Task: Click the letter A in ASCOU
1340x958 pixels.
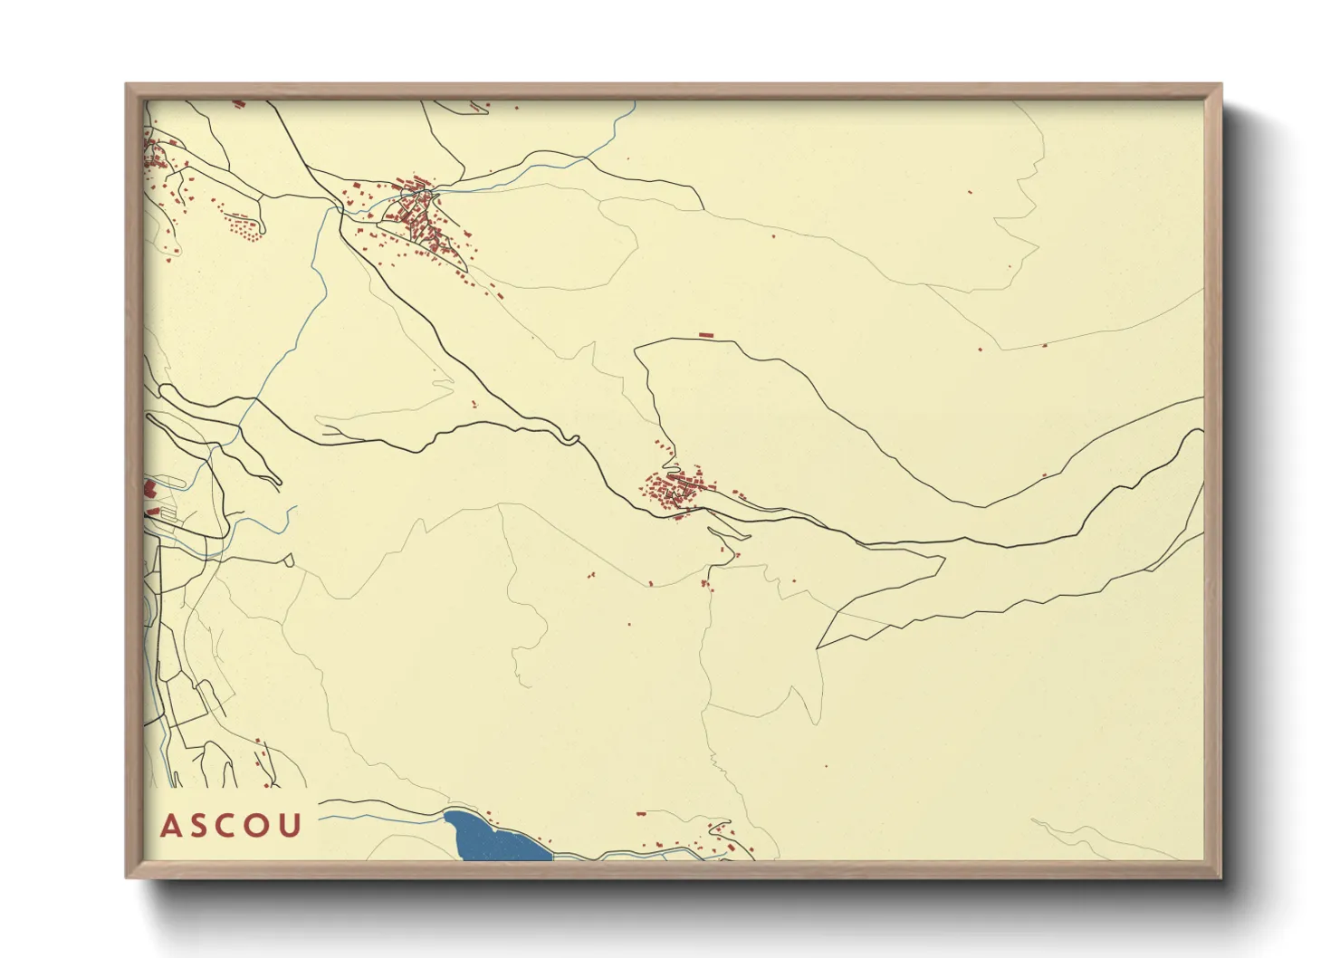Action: point(169,826)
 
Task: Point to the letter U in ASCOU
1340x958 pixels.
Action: point(291,826)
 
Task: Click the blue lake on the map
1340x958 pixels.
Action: point(493,838)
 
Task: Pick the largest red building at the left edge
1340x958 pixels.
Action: point(148,489)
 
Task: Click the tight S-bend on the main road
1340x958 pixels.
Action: point(570,440)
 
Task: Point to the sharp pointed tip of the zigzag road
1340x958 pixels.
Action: point(818,648)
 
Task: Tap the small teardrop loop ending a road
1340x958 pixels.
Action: point(289,560)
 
